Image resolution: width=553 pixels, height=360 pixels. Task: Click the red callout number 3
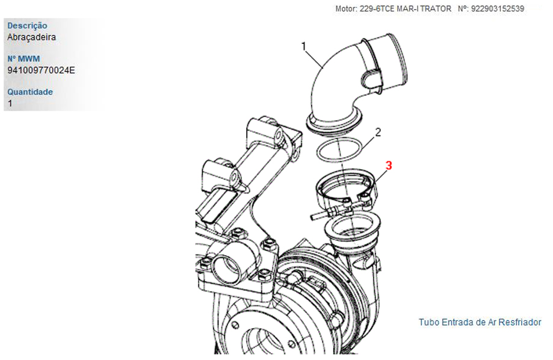click(389, 165)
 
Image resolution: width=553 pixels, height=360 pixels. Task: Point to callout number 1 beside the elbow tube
click(304, 46)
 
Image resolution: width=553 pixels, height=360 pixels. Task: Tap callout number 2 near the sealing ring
click(378, 132)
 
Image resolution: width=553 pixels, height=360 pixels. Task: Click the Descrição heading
click(27, 25)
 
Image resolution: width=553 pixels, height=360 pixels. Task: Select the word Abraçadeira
click(31, 37)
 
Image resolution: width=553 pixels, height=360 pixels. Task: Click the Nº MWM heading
click(23, 58)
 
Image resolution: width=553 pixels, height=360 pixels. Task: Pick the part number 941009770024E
click(41, 70)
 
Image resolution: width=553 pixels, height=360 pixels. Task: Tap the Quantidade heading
click(30, 92)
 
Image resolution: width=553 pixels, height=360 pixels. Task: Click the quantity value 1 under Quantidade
click(10, 104)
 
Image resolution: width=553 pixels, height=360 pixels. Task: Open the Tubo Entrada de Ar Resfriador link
click(480, 322)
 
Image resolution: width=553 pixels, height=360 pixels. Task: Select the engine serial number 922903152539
click(498, 8)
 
